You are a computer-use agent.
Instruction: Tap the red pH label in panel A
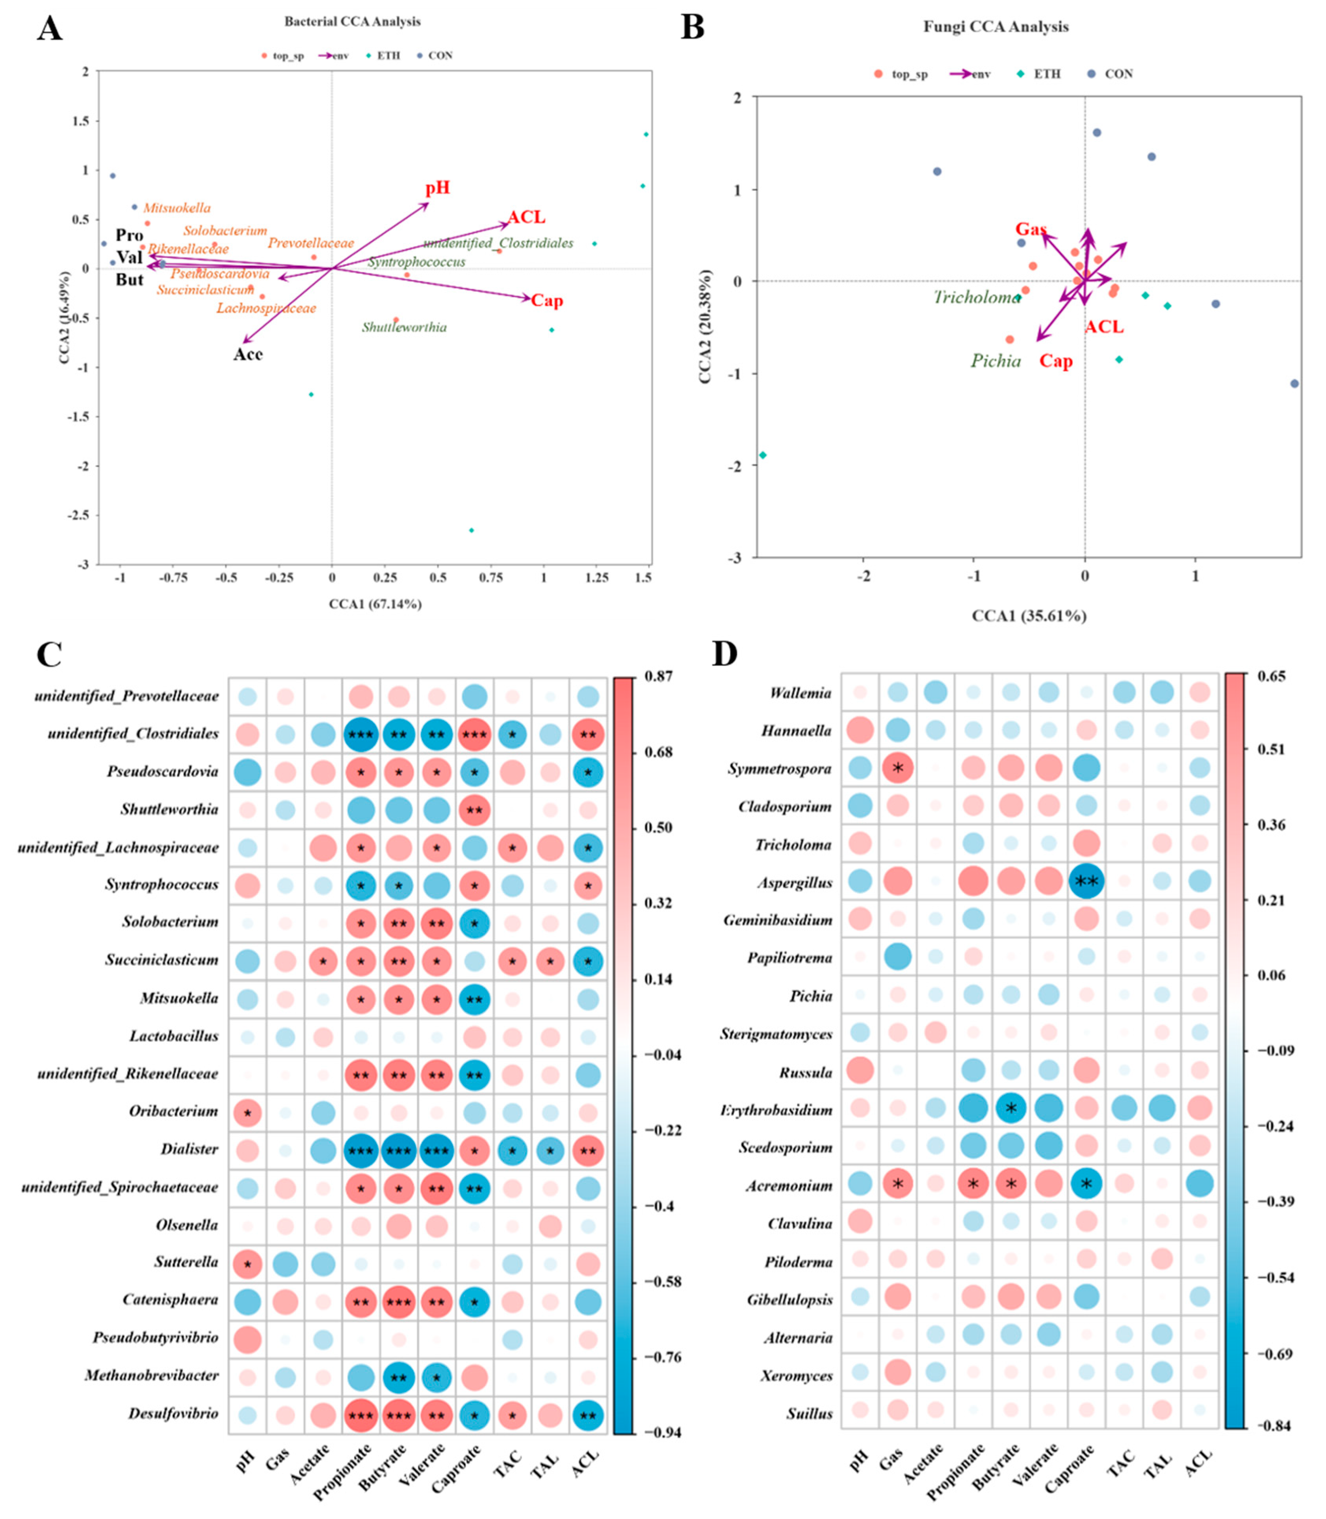tap(437, 188)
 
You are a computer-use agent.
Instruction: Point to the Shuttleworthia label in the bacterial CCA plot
tap(404, 327)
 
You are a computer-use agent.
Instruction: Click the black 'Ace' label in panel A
tap(248, 354)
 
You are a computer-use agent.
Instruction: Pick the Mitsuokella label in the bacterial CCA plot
tap(177, 208)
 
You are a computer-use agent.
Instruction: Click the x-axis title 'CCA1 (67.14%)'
tap(375, 604)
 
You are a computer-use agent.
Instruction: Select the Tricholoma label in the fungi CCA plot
tap(976, 297)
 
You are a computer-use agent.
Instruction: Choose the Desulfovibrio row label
tap(173, 1413)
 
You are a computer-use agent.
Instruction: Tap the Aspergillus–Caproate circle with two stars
tap(1086, 882)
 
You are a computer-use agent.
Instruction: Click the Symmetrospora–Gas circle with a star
tap(897, 768)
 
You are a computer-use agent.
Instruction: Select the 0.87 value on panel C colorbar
tap(658, 675)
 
